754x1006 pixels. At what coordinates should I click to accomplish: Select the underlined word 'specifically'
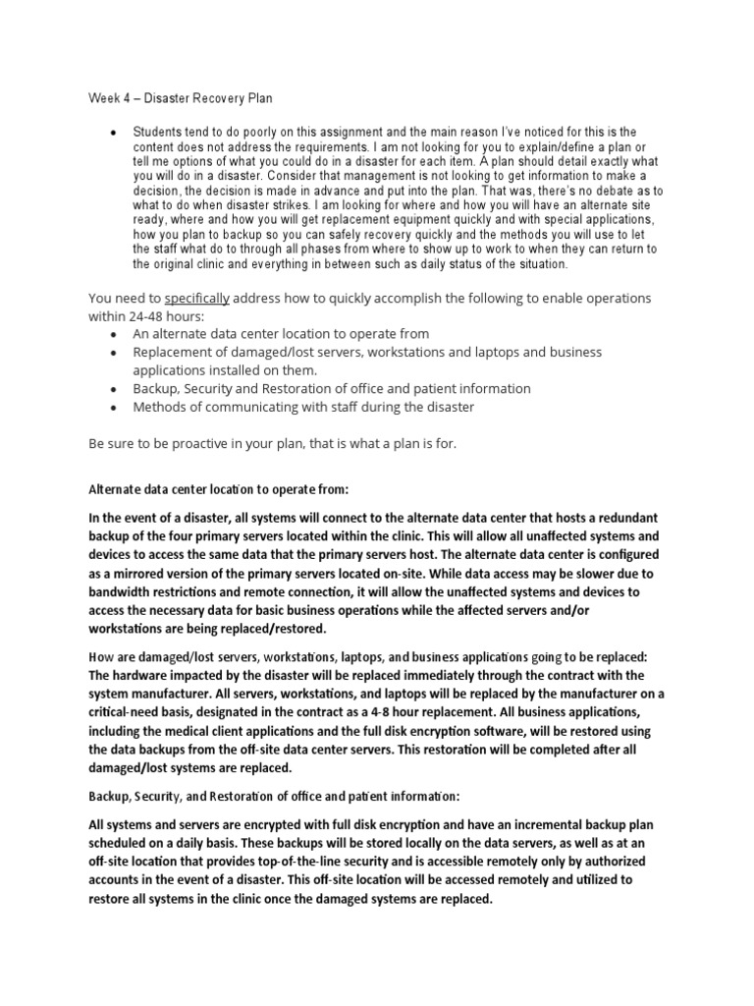click(196, 298)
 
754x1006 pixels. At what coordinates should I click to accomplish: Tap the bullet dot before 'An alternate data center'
click(115, 334)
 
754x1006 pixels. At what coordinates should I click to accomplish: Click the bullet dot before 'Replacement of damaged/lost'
click(115, 352)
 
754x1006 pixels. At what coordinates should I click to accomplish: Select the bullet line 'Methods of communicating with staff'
click(303, 406)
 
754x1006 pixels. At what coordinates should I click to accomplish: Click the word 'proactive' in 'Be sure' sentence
click(191, 444)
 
